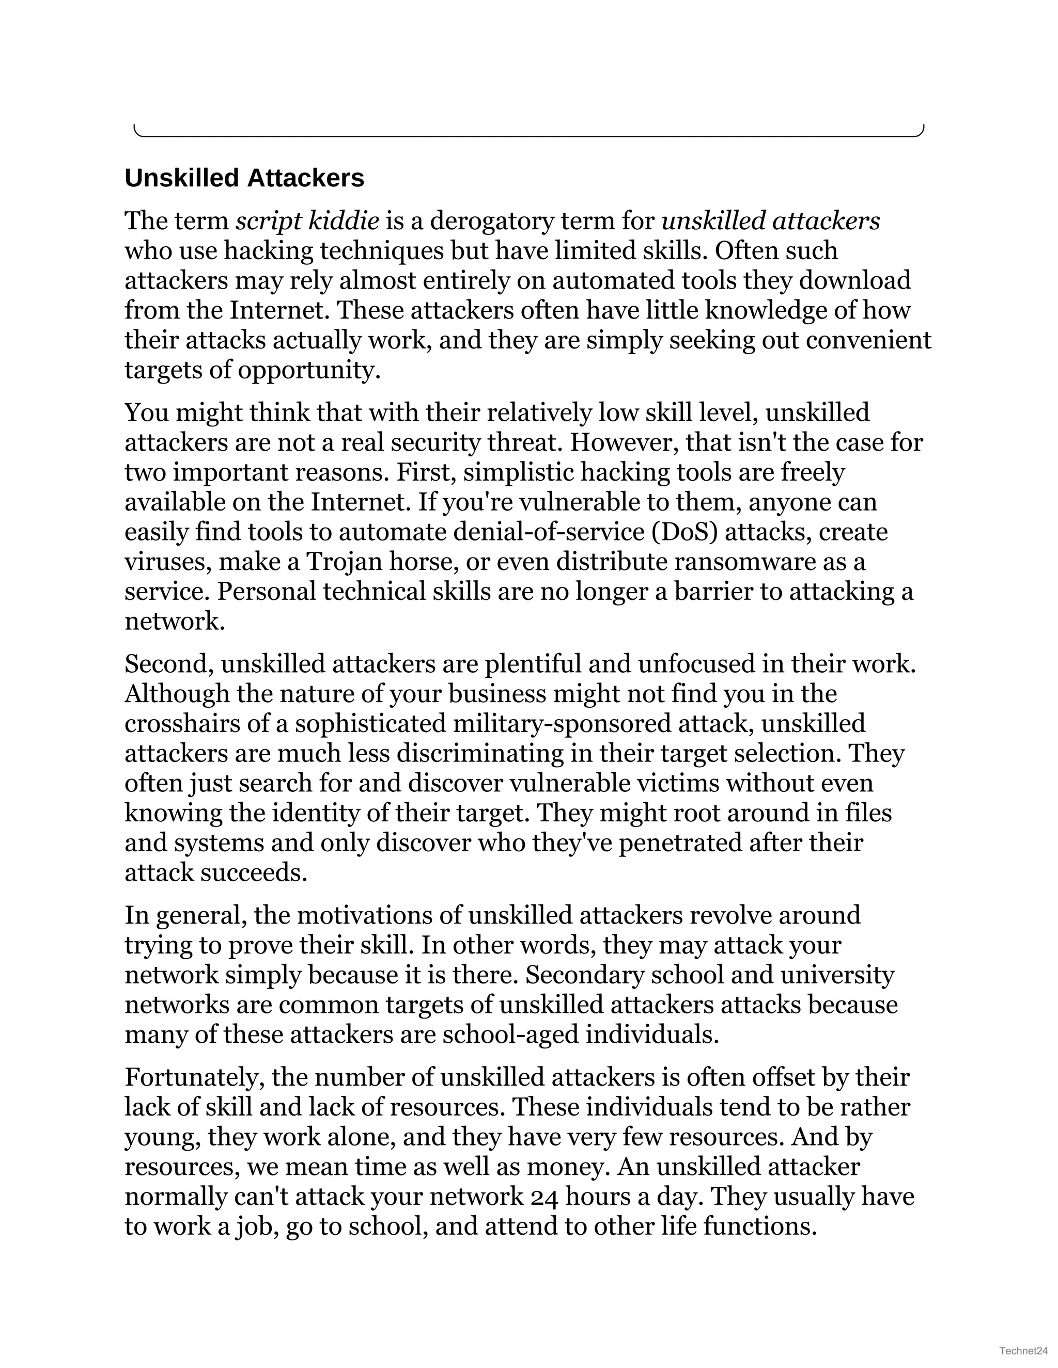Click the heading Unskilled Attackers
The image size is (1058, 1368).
tap(244, 179)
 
